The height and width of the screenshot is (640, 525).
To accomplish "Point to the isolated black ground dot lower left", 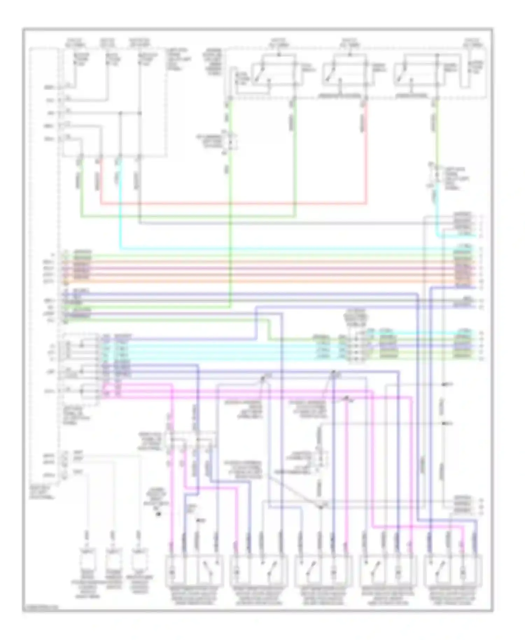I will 158,514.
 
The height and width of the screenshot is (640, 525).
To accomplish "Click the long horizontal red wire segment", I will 231,203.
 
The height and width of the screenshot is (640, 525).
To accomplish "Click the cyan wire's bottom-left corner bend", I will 120,249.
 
